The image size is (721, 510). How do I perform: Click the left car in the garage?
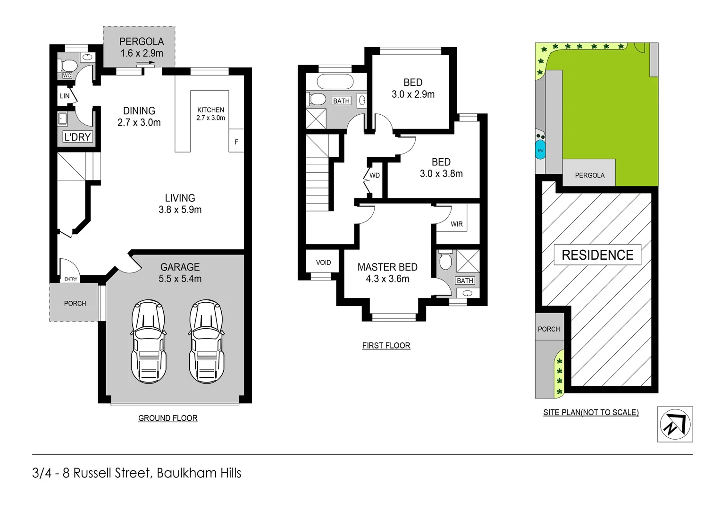[x=149, y=341]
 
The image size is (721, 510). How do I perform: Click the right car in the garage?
[x=206, y=341]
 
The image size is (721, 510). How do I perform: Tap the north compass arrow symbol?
[x=675, y=424]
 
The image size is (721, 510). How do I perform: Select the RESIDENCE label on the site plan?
[x=597, y=255]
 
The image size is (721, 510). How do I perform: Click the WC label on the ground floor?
[x=67, y=76]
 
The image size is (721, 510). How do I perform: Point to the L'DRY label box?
[x=77, y=137]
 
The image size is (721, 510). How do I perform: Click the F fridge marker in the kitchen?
[x=236, y=142]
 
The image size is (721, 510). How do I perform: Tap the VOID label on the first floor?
[x=323, y=263]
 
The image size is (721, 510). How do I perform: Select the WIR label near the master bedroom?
[x=456, y=224]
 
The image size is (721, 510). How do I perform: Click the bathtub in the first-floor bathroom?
[x=335, y=82]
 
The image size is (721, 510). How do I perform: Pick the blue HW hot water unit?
[x=540, y=150]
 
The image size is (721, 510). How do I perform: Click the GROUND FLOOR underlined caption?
[x=168, y=418]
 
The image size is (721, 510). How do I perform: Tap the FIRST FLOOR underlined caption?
[x=386, y=346]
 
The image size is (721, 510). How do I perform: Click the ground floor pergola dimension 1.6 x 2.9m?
[x=142, y=53]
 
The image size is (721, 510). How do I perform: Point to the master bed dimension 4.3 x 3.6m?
[x=387, y=279]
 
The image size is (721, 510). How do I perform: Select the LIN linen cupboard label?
[x=65, y=96]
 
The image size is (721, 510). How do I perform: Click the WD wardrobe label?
[x=375, y=175]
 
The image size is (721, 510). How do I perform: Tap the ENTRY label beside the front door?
[x=71, y=279]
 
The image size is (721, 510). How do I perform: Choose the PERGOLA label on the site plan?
[x=589, y=175]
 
